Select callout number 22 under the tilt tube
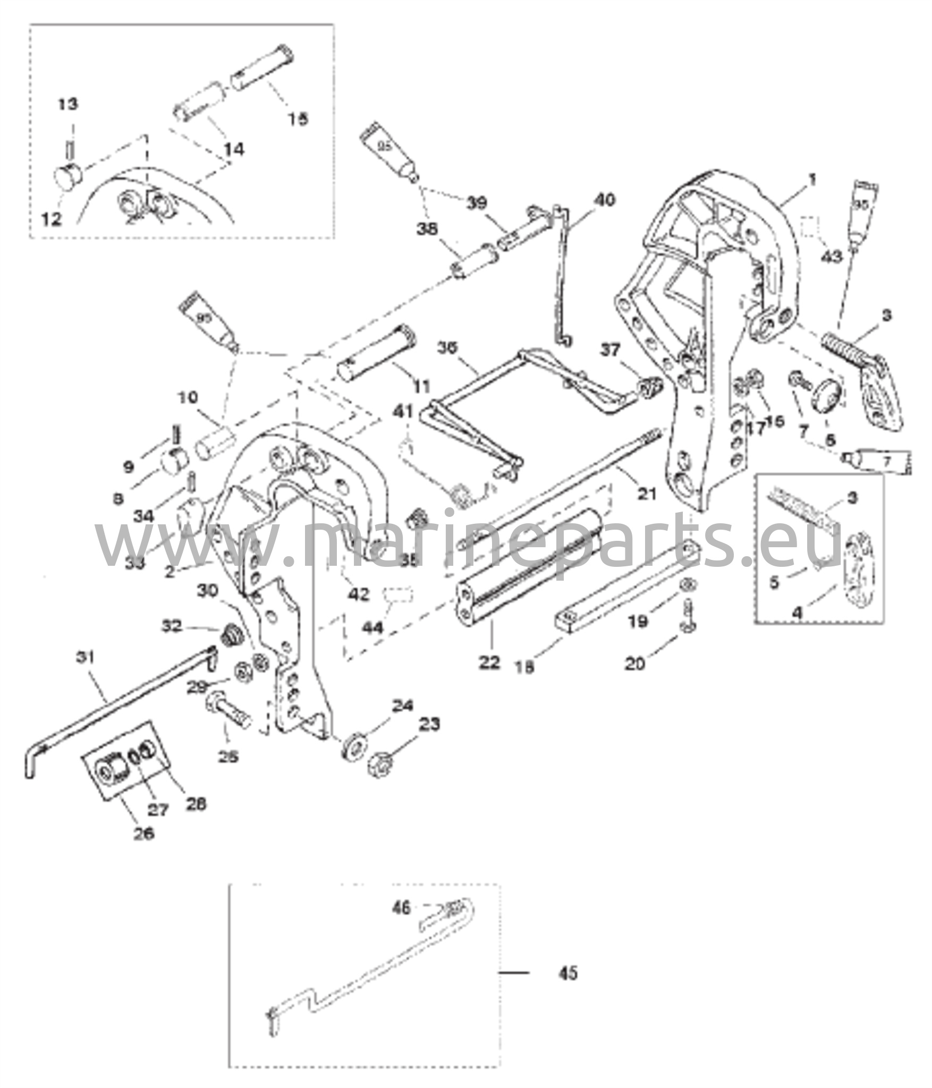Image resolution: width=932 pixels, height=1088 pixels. (x=489, y=662)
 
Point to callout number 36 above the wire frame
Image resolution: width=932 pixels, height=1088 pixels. (x=450, y=349)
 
